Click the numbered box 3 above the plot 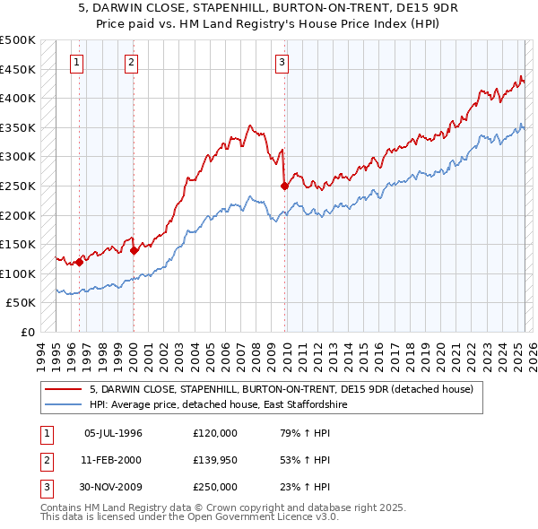[x=282, y=62]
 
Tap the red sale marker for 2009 [x=284, y=186]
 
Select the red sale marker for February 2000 [x=134, y=250]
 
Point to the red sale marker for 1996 [x=79, y=262]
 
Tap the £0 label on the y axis [x=27, y=332]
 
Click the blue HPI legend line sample [x=64, y=404]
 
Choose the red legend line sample [x=64, y=389]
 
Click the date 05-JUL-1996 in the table [x=113, y=433]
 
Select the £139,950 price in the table [x=215, y=460]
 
